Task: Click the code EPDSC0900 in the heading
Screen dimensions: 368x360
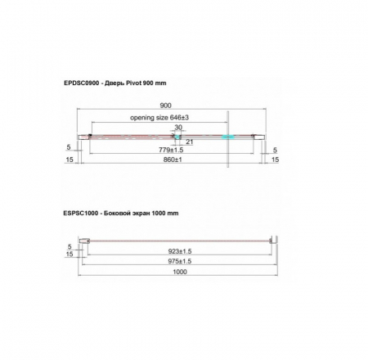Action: [x=82, y=83]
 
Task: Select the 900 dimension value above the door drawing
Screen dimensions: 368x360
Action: [x=165, y=106]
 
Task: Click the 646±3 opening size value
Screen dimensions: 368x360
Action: [x=179, y=118]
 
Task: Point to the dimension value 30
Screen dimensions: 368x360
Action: [x=178, y=128]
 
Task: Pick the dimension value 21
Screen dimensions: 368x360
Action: [x=189, y=142]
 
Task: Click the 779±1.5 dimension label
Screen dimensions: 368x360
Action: [x=171, y=150]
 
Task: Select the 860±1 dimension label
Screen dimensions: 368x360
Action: [x=173, y=160]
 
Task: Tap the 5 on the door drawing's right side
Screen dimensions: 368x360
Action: [x=275, y=150]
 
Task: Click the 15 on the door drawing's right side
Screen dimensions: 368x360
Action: [x=276, y=160]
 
